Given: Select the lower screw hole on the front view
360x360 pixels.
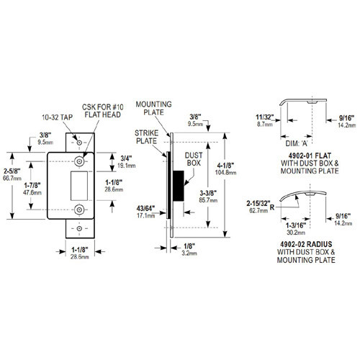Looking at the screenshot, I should (78, 211).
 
